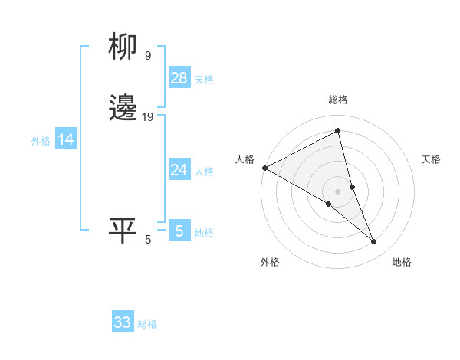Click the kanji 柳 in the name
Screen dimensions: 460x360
pos(123,47)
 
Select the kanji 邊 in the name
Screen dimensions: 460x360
pos(123,108)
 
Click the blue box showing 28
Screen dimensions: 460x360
pos(179,78)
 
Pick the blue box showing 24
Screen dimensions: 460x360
pos(179,170)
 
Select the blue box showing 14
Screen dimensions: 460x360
pos(66,139)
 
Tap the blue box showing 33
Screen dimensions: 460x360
pos(123,322)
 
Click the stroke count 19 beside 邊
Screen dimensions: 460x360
pos(148,117)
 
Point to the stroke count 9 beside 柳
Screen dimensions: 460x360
pos(147,55)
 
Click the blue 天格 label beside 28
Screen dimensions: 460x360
pos(204,80)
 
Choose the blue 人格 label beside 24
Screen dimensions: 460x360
pos(204,172)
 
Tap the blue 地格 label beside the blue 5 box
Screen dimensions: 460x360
pos(204,233)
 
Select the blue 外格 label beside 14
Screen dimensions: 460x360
pos(41,141)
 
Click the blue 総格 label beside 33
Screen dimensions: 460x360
pos(147,324)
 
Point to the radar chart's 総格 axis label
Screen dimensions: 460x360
pos(338,100)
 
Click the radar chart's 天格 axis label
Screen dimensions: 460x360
pos(432,159)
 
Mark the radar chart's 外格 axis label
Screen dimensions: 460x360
pos(270,262)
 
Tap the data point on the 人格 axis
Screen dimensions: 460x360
pos(264,167)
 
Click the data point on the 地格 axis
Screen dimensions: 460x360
pos(374,241)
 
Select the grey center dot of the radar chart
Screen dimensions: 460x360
pos(338,191)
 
